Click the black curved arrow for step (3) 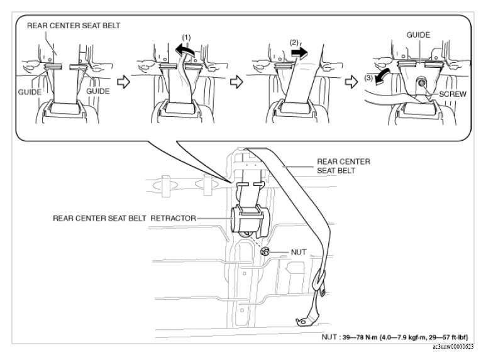(380, 77)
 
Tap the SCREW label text (453, 94)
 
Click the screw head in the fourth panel (421, 82)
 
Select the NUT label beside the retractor (299, 252)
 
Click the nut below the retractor (265, 251)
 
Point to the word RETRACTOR (173, 219)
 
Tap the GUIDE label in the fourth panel (418, 35)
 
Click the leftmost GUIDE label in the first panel (30, 92)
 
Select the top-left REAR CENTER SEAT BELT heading (74, 25)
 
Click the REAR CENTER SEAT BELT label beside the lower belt (343, 166)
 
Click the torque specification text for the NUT (395, 337)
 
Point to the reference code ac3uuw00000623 (453, 347)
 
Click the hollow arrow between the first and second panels (123, 82)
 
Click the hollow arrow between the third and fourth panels (351, 82)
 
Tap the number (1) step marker (186, 38)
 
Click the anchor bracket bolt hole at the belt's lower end (301, 322)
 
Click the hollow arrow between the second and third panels (236, 82)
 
